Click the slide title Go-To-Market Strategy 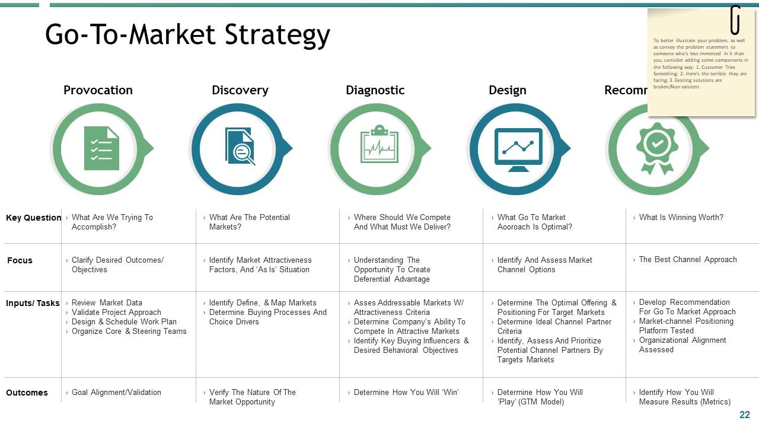[187, 34]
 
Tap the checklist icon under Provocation [101, 148]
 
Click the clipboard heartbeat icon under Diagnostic [379, 145]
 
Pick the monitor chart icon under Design [518, 149]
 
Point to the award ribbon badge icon [657, 148]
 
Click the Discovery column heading [240, 90]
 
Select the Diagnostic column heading [375, 90]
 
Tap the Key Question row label [33, 218]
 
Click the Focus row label [20, 260]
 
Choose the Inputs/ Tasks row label [33, 303]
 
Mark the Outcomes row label [27, 393]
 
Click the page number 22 [745, 415]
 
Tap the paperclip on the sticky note [735, 20]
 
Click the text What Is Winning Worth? [681, 218]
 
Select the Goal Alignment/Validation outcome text [116, 393]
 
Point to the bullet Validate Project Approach [116, 313]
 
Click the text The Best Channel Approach [688, 260]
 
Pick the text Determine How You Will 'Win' [406, 393]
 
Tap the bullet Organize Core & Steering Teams [129, 332]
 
